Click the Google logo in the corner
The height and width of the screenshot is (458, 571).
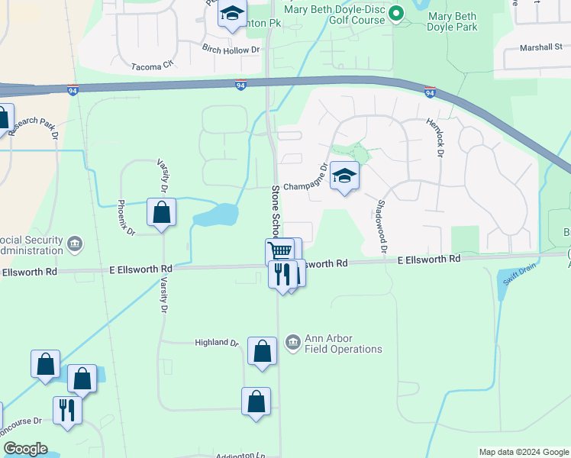tap(25, 449)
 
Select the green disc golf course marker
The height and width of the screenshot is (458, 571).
tap(395, 14)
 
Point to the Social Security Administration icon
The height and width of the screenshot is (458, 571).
tap(75, 244)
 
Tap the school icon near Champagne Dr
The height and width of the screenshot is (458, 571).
tap(344, 177)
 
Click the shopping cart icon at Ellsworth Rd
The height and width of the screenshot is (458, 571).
tap(280, 250)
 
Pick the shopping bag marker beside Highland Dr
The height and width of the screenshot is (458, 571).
tap(262, 352)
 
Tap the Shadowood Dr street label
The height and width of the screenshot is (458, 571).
tap(381, 227)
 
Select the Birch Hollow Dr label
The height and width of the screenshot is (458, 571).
tap(231, 50)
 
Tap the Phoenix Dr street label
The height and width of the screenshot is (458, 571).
tap(126, 217)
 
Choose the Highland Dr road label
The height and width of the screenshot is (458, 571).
tap(217, 343)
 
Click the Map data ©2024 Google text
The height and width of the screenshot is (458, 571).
tap(522, 452)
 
